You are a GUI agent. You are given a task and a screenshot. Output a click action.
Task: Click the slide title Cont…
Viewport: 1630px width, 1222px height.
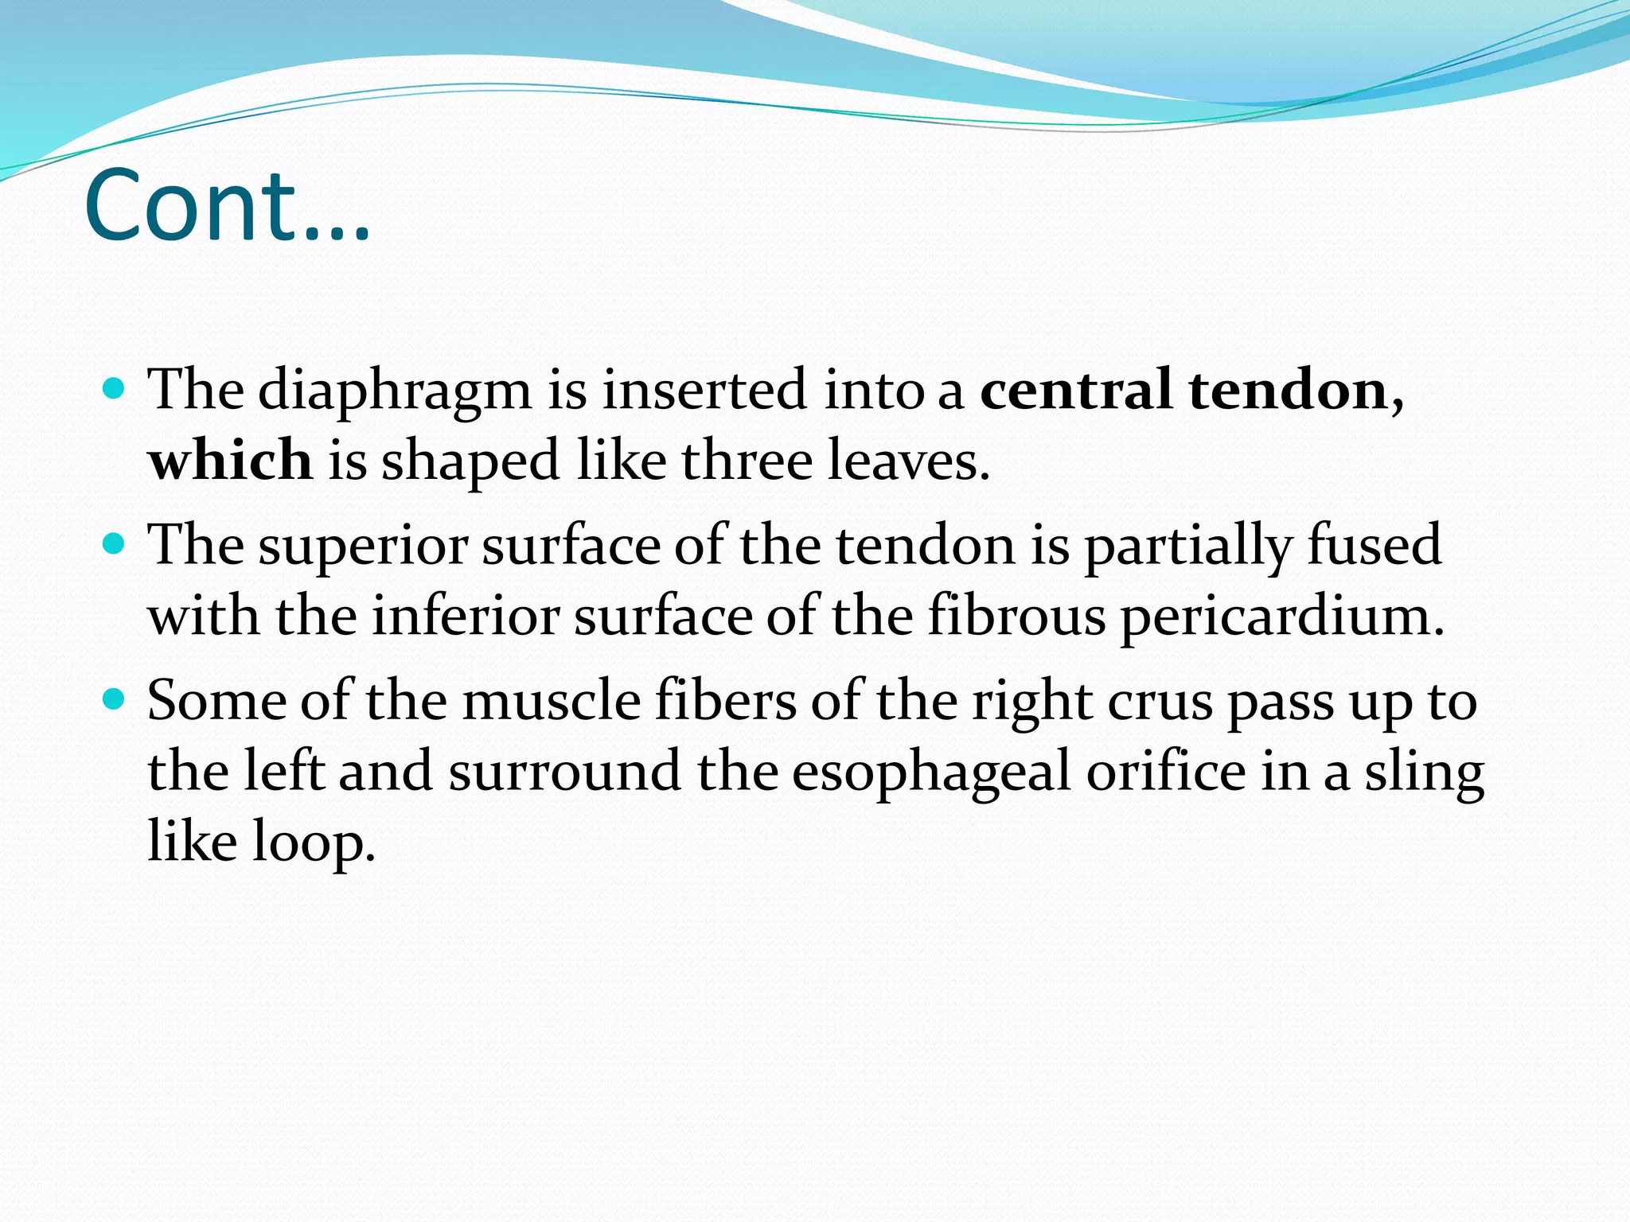pos(227,205)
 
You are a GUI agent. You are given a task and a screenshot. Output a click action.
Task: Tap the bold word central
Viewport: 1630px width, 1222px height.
pos(1075,390)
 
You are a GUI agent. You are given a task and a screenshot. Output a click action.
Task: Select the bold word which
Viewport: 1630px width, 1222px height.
pos(230,461)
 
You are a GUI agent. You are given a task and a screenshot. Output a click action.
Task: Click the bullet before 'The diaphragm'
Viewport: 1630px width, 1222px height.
pos(115,390)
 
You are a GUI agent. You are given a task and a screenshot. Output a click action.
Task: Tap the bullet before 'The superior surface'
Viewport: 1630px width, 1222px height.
pos(115,545)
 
